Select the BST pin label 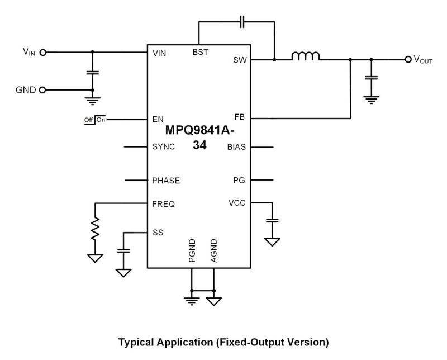coord(199,53)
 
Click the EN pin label coord(158,119)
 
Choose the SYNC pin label coord(163,147)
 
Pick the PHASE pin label coord(166,181)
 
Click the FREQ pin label coord(163,204)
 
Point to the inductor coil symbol coord(305,56)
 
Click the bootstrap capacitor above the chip coord(242,23)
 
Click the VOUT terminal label coord(422,59)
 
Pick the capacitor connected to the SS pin coord(123,251)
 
